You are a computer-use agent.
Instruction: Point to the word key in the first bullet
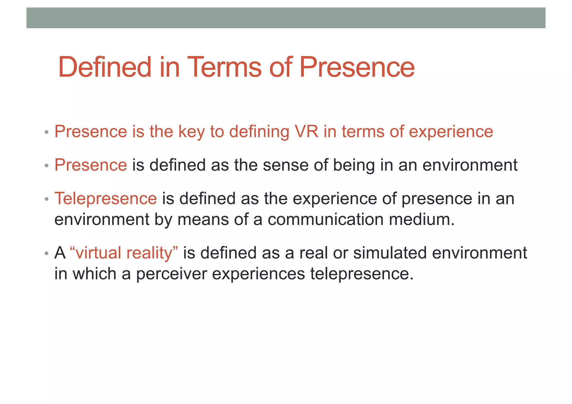pos(191,132)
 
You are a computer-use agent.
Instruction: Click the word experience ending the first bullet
pos(451,132)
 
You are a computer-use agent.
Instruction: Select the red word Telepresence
pos(106,199)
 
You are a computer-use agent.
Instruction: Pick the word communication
pos(325,219)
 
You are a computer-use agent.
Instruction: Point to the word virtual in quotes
pos(98,253)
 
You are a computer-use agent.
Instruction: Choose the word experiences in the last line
pos(258,274)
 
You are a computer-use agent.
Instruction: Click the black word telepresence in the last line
pos(361,274)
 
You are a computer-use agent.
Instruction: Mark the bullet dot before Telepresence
pos(47,199)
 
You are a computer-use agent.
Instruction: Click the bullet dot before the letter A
pos(47,254)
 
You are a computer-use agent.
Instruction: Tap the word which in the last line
pos(94,274)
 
